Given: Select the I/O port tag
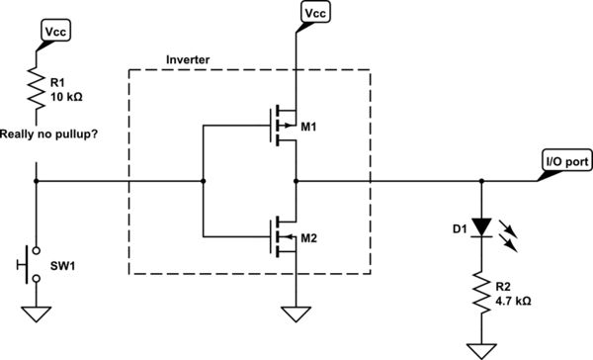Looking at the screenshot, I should pyautogui.click(x=564, y=161).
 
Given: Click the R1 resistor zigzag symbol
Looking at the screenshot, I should pyautogui.click(x=36, y=89).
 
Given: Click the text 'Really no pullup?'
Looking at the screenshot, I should pyautogui.click(x=52, y=132).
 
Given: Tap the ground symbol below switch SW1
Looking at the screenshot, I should pyautogui.click(x=37, y=315).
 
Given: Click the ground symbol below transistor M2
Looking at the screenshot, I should pyautogui.click(x=294, y=315).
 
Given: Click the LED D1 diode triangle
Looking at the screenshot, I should pyautogui.click(x=481, y=226).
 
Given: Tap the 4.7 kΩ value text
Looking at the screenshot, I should pyautogui.click(x=514, y=300).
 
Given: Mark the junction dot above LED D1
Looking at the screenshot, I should pyautogui.click(x=481, y=182).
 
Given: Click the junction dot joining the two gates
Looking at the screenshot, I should pyautogui.click(x=203, y=182).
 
